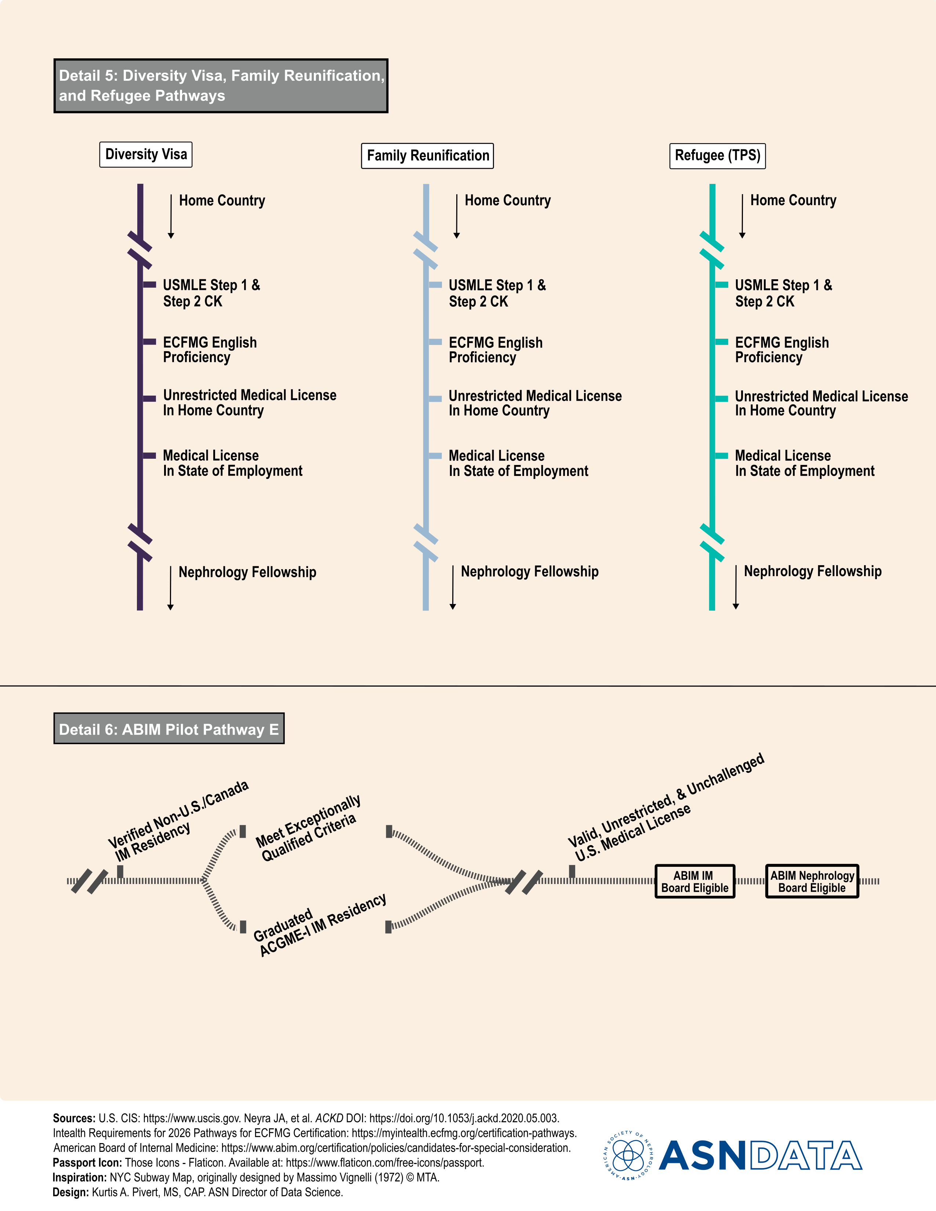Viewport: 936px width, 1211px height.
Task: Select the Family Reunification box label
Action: point(428,156)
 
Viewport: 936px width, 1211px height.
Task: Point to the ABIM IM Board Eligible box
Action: point(695,881)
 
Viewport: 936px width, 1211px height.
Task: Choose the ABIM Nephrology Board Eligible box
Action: point(812,881)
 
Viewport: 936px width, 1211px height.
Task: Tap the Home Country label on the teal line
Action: point(793,201)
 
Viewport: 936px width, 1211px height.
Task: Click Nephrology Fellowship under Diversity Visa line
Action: point(247,572)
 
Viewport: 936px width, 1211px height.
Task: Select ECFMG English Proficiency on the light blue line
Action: point(495,350)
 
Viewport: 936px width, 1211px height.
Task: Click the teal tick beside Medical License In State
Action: point(721,456)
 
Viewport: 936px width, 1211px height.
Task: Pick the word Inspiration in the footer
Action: point(79,1178)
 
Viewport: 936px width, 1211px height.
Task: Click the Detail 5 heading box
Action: point(221,86)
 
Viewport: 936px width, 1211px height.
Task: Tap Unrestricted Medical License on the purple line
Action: point(250,403)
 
